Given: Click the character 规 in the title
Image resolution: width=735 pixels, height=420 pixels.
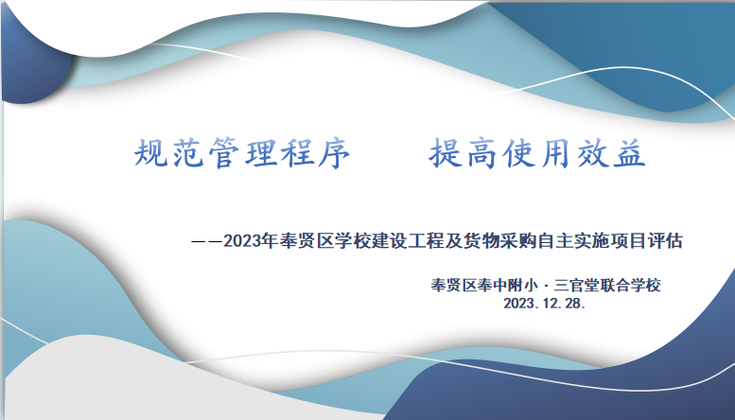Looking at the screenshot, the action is pos(151,153).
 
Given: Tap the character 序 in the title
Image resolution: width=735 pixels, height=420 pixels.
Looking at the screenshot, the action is pos(334,153).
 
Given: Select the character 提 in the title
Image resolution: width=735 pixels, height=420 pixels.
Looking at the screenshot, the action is pos(446,153).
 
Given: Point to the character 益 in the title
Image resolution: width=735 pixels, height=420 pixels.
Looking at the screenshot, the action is pos(630,153).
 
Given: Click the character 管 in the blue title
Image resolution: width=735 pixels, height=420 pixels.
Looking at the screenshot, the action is pos(224,153).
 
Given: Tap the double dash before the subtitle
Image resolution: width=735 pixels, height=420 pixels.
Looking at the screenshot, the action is pos(207,242).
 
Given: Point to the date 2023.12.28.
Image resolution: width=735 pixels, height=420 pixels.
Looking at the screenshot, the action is pos(545,304).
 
